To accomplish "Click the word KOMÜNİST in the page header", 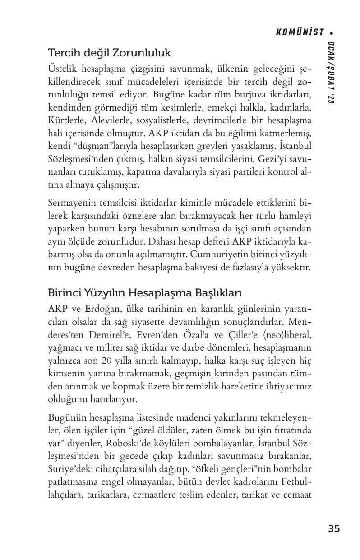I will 300,32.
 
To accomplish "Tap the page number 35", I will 334,528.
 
